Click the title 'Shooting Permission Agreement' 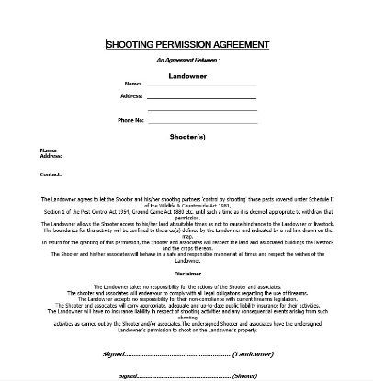187,42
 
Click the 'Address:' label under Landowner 131,95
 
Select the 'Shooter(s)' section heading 187,136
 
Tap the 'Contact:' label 51,174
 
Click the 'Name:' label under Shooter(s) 48,151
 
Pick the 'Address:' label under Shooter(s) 51,156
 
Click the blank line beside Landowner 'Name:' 187,85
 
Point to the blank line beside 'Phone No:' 187,121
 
